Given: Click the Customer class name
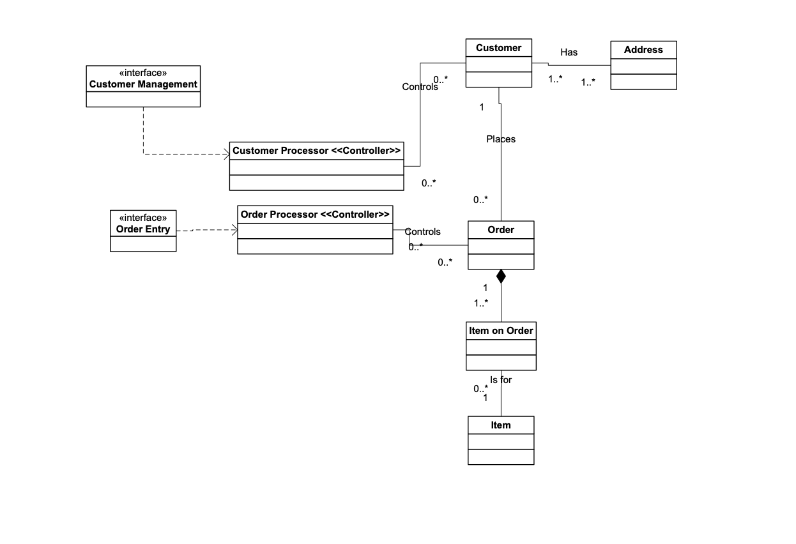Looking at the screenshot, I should click(x=498, y=48).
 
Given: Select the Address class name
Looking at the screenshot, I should click(x=643, y=50).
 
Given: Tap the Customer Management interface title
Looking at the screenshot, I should click(x=143, y=84).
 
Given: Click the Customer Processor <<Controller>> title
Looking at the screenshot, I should click(x=316, y=151).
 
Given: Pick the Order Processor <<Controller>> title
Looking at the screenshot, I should click(x=315, y=215).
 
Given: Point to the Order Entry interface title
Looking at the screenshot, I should click(x=143, y=229).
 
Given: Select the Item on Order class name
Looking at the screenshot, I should click(x=501, y=331).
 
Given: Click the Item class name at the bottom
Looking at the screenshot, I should click(x=500, y=425).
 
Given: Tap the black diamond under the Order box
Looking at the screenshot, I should click(x=501, y=276).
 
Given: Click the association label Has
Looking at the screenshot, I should click(x=569, y=52).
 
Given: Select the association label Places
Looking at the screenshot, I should click(x=500, y=139).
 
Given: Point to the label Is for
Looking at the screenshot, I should click(x=501, y=380).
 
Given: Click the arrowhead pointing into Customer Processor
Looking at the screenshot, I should click(x=226, y=154).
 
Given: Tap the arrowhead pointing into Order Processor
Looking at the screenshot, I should click(x=234, y=230).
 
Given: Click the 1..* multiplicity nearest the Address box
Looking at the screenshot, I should click(x=588, y=82).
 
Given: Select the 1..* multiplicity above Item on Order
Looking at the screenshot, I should click(x=481, y=303).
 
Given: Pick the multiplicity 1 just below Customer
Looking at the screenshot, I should click(x=482, y=107).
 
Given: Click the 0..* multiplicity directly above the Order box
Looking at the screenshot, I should click(x=480, y=200).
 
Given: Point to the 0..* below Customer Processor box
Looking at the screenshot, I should click(x=429, y=183).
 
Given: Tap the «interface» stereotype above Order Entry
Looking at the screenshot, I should click(x=143, y=218).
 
